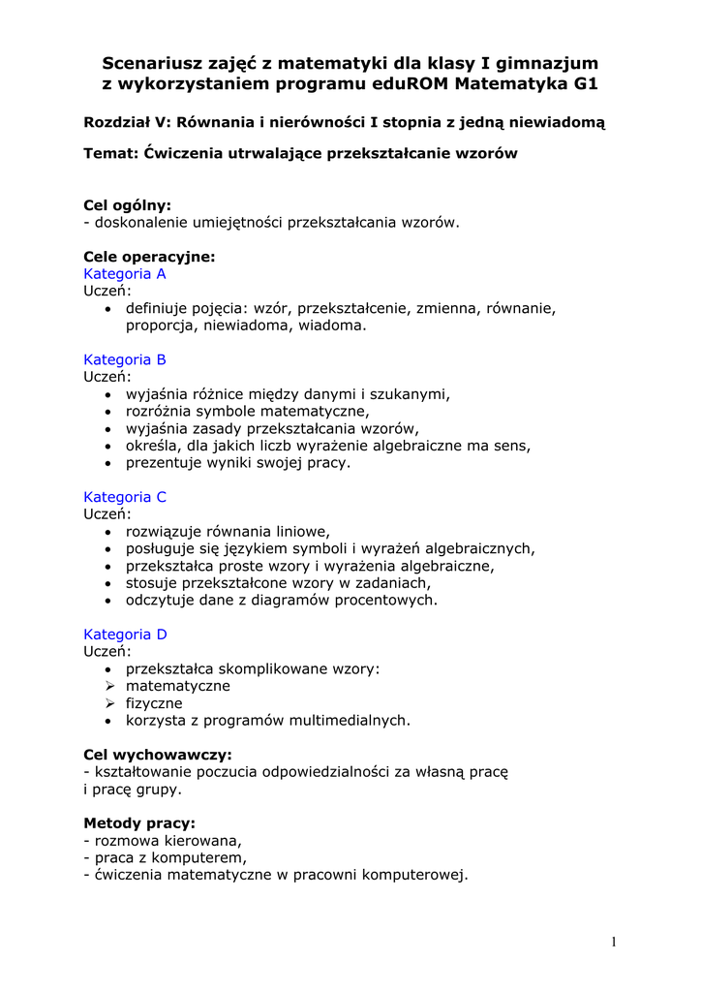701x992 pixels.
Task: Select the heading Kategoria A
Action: click(125, 274)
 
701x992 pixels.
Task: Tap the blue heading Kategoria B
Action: click(125, 359)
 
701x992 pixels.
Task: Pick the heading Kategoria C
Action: click(125, 497)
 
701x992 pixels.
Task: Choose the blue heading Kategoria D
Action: click(125, 635)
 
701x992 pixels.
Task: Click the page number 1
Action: click(614, 942)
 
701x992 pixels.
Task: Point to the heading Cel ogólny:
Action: click(127, 205)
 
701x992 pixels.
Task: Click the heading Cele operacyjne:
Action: click(149, 257)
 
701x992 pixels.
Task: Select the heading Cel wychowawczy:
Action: click(158, 755)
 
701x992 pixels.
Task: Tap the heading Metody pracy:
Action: click(139, 823)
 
